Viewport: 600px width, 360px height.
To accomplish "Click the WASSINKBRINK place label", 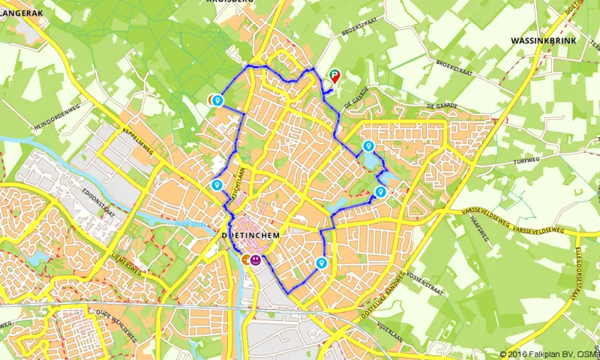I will coord(544,40).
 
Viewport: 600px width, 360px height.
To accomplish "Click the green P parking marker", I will coord(334,75).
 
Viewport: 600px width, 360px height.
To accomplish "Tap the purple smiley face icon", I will coord(256,259).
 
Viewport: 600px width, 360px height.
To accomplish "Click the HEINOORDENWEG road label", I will coord(56,119).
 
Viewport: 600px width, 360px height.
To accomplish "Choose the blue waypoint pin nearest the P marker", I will coord(367,146).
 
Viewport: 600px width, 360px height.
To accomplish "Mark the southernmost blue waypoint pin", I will coord(321,262).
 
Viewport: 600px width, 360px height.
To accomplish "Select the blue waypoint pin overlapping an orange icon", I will coord(217,100).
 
